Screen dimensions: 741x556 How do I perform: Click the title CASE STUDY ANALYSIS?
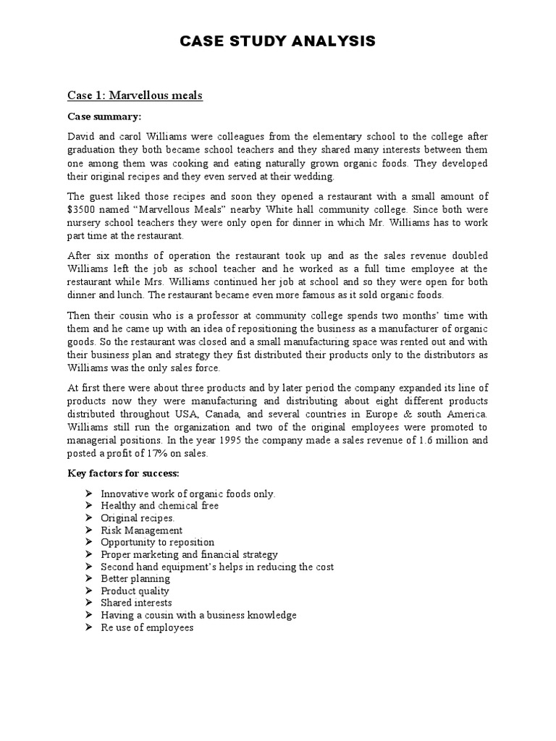pos(278,42)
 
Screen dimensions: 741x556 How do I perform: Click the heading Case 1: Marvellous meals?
pos(135,96)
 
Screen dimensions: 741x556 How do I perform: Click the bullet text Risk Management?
pos(141,530)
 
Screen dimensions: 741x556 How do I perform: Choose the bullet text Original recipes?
pos(138,518)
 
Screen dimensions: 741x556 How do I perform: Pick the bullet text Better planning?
pos(135,579)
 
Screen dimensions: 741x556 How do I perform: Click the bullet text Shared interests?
pos(136,603)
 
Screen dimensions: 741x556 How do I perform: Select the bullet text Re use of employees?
pos(147,627)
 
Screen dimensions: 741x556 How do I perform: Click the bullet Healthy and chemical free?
pos(159,506)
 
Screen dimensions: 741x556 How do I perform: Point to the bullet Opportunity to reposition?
pos(157,542)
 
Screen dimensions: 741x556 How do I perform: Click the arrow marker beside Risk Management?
pos(88,530)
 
